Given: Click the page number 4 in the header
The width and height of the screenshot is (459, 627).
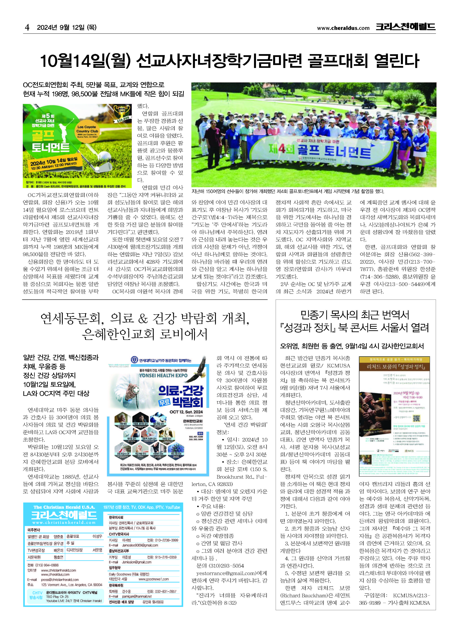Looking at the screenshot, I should [27, 27].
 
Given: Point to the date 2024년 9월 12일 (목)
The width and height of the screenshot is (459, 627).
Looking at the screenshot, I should [67, 27].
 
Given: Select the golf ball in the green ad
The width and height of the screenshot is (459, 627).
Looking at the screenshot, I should [103, 156].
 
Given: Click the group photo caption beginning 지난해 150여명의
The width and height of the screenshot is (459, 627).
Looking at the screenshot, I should [288, 191].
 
